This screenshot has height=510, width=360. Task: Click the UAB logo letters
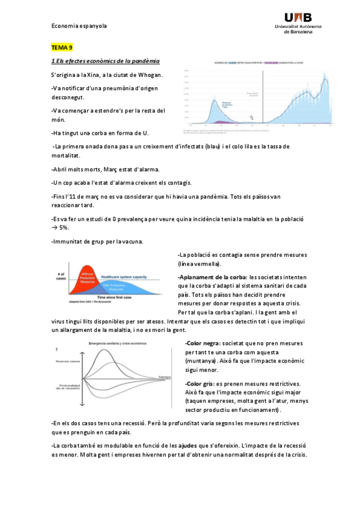pyautogui.click(x=299, y=18)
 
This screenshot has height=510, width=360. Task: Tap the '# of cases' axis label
pyautogui.click(x=60, y=277)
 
